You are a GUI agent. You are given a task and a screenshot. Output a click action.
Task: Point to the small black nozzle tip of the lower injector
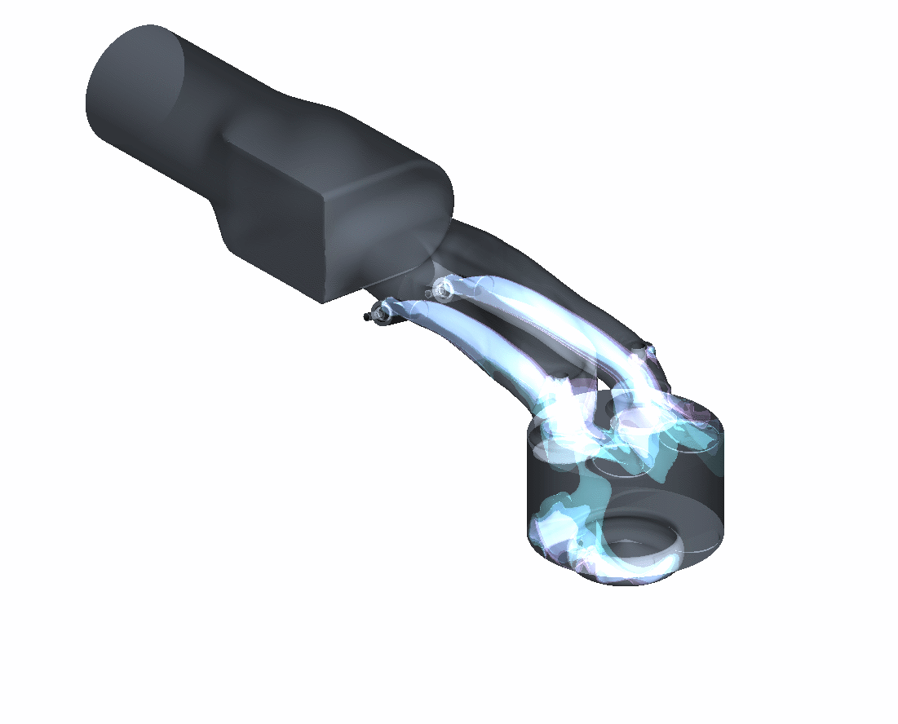pyautogui.click(x=367, y=316)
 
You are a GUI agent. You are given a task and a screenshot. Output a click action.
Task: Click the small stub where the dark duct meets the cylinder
pyautogui.click(x=649, y=351)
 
